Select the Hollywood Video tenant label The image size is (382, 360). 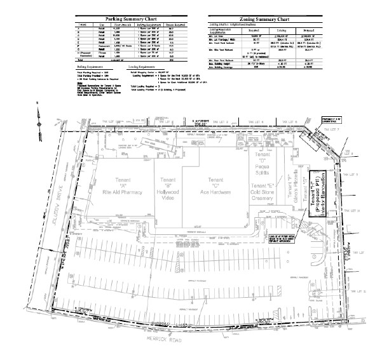pyautogui.click(x=168, y=187)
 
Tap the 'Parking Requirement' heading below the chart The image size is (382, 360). pyautogui.click(x=92, y=66)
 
